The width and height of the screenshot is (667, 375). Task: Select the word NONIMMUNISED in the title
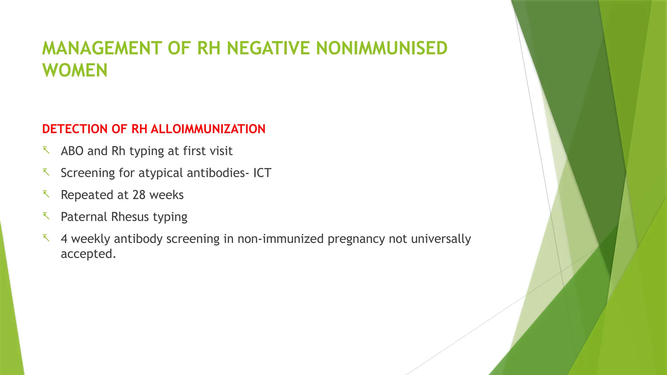pos(382,48)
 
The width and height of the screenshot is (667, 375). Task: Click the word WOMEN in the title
pos(75,70)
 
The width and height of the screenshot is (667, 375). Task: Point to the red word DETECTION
pos(76,129)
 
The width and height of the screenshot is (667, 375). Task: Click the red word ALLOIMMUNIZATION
pos(208,129)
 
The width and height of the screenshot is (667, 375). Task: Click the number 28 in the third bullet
pos(139,195)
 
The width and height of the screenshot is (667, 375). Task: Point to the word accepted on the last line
pos(88,254)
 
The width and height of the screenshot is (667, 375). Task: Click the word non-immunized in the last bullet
pos(281,239)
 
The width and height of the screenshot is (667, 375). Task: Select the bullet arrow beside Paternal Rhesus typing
pos(46,216)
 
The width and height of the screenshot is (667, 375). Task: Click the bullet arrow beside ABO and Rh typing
pos(46,150)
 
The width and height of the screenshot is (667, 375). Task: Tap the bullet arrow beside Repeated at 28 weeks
pos(46,194)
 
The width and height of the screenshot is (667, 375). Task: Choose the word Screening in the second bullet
pos(88,173)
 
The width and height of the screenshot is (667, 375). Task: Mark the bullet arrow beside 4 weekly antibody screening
pos(46,238)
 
